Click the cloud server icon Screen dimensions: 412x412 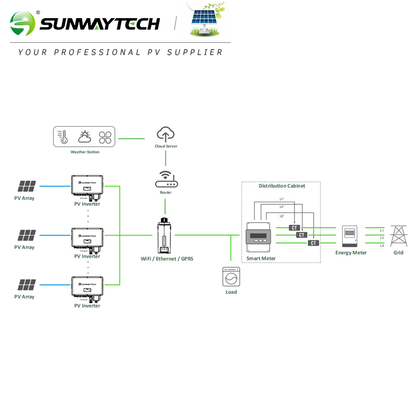click(x=165, y=133)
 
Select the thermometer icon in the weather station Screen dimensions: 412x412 click(x=64, y=137)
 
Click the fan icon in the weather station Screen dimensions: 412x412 click(x=105, y=137)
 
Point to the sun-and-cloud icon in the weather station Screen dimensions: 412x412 click(x=85, y=137)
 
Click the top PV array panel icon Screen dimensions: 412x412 click(x=26, y=186)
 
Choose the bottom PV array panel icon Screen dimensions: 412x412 click(x=26, y=285)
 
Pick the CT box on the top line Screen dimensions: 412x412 click(x=294, y=227)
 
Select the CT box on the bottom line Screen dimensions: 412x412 click(x=314, y=243)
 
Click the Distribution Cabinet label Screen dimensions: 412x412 click(x=282, y=186)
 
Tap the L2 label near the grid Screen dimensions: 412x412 click(x=382, y=237)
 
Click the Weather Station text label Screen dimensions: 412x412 click(x=85, y=152)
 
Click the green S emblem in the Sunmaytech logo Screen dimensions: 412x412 click(x=22, y=23)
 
